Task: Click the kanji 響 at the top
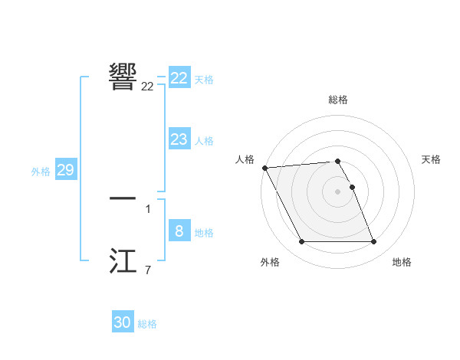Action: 123,76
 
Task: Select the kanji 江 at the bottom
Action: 123,260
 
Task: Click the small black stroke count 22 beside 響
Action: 147,87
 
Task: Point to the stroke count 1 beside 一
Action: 148,208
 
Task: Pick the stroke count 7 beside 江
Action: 148,270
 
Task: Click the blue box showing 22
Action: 179,78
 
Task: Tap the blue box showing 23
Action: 179,139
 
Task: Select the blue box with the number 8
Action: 179,231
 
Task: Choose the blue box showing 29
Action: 65,170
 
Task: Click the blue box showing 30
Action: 123,322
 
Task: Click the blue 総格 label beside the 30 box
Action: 147,324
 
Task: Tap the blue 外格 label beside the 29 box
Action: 41,172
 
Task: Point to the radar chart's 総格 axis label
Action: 338,100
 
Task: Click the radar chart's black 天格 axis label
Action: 432,159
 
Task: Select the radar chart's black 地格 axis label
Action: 402,262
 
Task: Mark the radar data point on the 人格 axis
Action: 265,168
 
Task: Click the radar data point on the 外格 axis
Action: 301,242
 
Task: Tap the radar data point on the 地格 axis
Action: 373,242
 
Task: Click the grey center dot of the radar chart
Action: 338,191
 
